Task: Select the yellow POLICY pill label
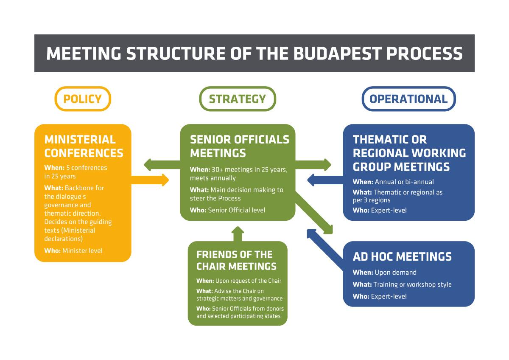[x=83, y=99]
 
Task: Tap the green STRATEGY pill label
[x=238, y=99]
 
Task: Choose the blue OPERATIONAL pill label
[x=408, y=99]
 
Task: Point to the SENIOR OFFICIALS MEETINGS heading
[x=239, y=146]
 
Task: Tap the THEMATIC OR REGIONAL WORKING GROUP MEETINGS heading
[x=409, y=153]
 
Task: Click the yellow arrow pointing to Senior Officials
[x=151, y=180]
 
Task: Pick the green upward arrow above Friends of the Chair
[x=238, y=233]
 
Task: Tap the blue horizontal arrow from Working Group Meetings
[x=324, y=180]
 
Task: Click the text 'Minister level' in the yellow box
[x=82, y=250]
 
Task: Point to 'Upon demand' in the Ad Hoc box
[x=395, y=273]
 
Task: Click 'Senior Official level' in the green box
[x=236, y=210]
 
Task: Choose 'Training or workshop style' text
[x=412, y=284]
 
